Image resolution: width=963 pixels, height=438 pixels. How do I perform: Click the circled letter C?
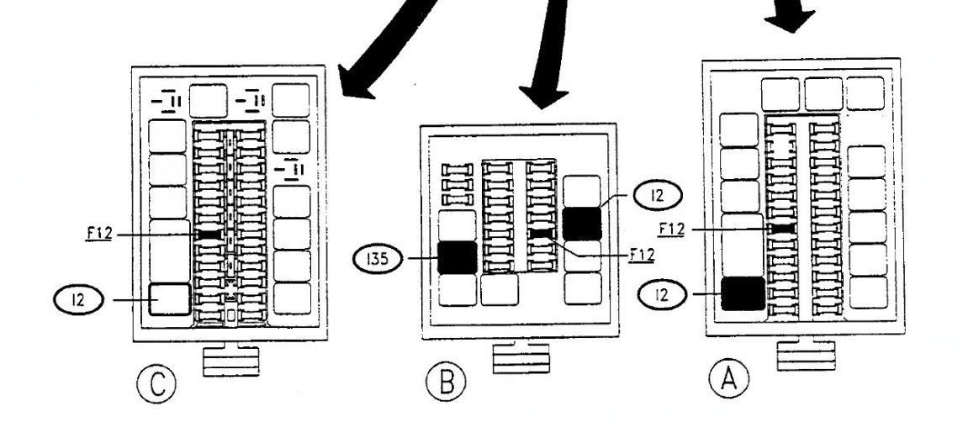[x=156, y=385]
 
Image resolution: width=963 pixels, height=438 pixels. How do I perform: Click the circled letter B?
[x=446, y=383]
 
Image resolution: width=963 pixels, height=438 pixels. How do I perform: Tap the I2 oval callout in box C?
[x=77, y=298]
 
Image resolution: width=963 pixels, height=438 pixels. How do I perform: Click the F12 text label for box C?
[x=99, y=233]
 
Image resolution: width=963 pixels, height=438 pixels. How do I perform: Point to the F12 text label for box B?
[x=641, y=251]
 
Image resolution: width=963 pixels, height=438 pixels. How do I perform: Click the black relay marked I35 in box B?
[x=458, y=257]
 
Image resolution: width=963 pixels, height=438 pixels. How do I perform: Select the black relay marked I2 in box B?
[x=581, y=224]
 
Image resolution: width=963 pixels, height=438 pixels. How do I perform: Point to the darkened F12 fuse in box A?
[x=784, y=228]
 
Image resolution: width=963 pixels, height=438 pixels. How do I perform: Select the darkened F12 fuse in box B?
[x=540, y=232]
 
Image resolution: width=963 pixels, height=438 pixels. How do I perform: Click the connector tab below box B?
[x=520, y=356]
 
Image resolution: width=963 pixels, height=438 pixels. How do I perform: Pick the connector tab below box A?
[x=806, y=354]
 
